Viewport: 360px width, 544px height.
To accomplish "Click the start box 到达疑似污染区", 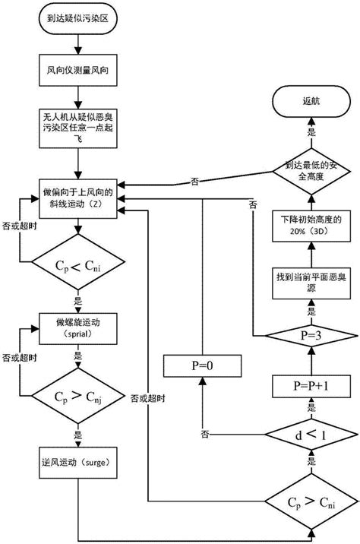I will [x=77, y=21].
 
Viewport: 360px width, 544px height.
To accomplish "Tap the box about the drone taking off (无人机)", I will [x=77, y=130].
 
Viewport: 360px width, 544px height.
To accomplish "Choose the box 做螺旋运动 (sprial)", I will [x=77, y=327].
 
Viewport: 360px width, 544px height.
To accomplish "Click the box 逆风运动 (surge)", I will [x=77, y=460].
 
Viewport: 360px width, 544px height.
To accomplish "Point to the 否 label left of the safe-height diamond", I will [x=196, y=181].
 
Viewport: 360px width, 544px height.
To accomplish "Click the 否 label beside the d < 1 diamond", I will [x=205, y=434].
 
